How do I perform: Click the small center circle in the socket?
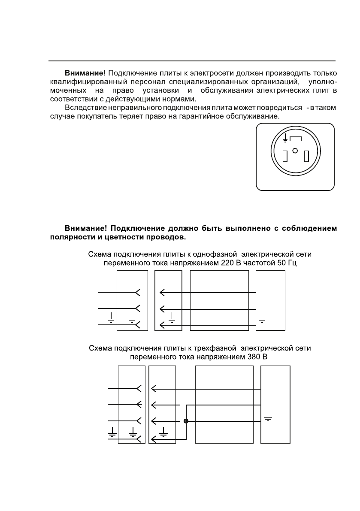[x=295, y=150]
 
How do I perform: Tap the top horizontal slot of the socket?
[x=295, y=139]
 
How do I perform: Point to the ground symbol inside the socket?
[x=285, y=138]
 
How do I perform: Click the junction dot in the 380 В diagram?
[x=185, y=421]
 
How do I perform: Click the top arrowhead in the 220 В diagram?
[x=163, y=293]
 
